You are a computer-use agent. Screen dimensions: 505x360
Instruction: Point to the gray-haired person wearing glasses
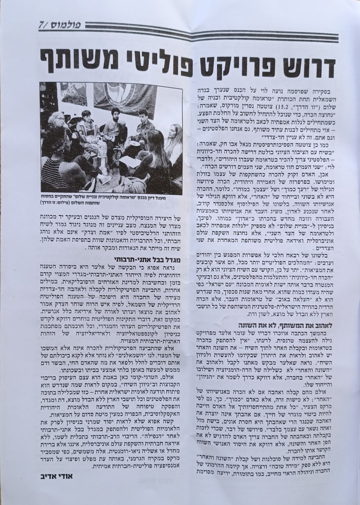click(x=58, y=121)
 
